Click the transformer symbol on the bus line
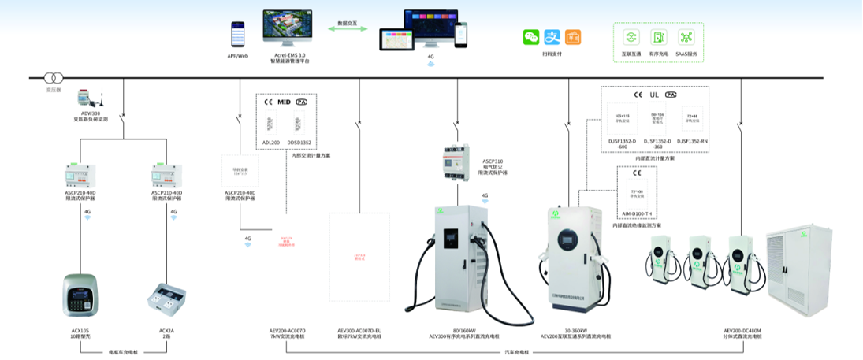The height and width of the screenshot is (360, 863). tap(53, 78)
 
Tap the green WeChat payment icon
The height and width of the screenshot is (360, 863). tap(531, 37)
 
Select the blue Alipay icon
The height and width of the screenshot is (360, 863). tap(552, 37)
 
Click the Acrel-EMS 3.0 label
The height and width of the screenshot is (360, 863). tap(289, 54)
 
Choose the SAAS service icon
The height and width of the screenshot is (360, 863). tap(686, 37)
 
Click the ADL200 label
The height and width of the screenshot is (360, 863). tap(270, 143)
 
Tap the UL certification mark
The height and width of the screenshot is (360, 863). tap(654, 95)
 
